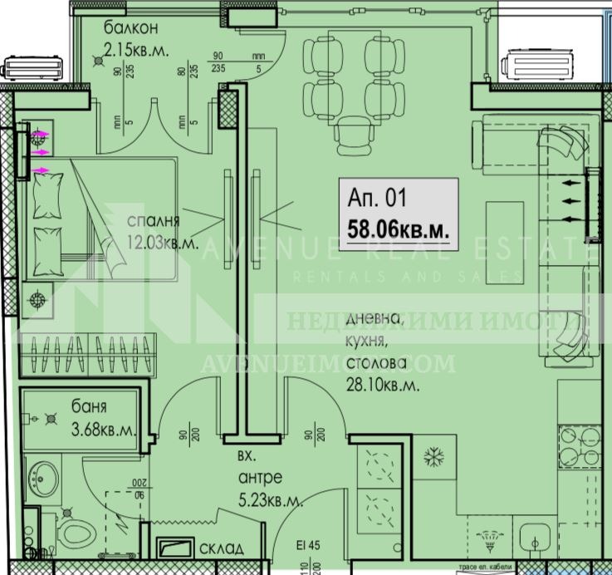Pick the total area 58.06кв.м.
(400, 229)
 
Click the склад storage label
(221, 549)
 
